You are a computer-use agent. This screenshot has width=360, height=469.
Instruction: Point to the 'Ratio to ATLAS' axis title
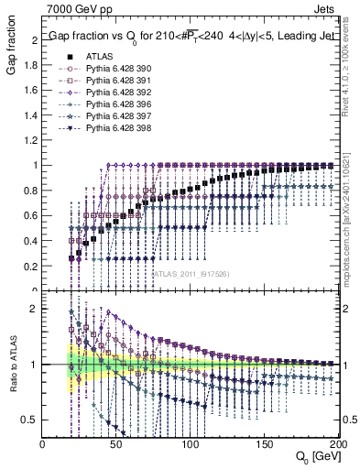tap(12, 357)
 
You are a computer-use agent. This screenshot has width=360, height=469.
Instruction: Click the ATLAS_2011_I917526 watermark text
tap(183, 273)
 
